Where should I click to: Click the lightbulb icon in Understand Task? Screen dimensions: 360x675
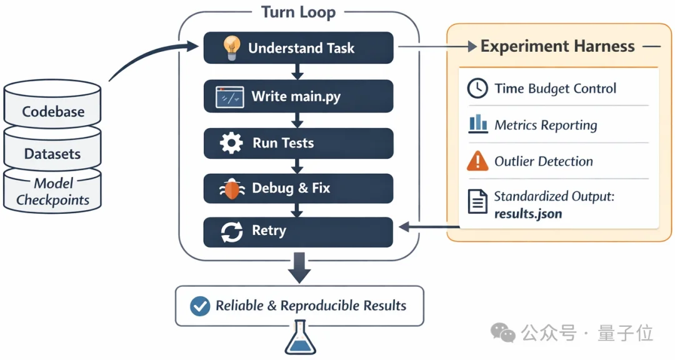232,47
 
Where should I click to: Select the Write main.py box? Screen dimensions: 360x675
298,96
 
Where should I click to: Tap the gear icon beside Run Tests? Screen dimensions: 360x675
231,143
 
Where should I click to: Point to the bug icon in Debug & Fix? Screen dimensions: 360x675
231,188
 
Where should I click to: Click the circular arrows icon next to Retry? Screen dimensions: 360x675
231,232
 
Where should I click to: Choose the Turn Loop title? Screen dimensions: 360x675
298,12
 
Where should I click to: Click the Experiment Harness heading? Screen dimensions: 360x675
557,46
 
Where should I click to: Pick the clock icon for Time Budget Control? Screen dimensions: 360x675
477,89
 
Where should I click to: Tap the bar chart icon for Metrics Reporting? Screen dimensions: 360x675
477,124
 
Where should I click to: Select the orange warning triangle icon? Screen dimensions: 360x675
477,161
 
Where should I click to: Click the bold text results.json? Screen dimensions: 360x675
527,214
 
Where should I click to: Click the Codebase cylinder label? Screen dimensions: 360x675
53,112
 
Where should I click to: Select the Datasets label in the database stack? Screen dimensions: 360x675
52,154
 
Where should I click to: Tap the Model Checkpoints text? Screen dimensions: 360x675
53,192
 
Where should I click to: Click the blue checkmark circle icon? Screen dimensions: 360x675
200,306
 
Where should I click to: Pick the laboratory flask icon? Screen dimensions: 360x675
299,341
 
